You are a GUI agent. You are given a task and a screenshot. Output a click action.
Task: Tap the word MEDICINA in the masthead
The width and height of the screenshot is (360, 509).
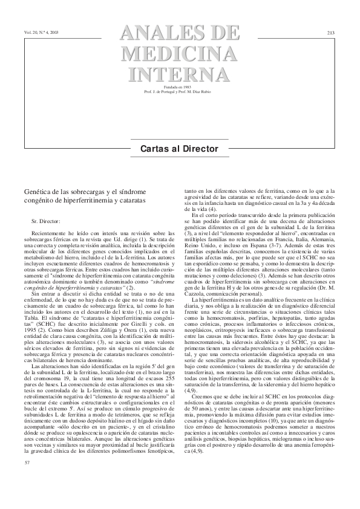coord(180,54)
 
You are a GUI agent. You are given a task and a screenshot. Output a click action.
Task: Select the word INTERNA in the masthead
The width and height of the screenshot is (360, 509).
coord(180,75)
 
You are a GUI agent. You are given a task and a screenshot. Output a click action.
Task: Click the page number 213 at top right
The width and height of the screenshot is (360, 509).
coord(331,31)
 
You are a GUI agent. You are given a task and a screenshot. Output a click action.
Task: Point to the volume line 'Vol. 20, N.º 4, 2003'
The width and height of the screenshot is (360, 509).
coord(42,31)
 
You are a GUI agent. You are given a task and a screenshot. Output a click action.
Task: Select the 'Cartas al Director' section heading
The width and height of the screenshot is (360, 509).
coord(180,149)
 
